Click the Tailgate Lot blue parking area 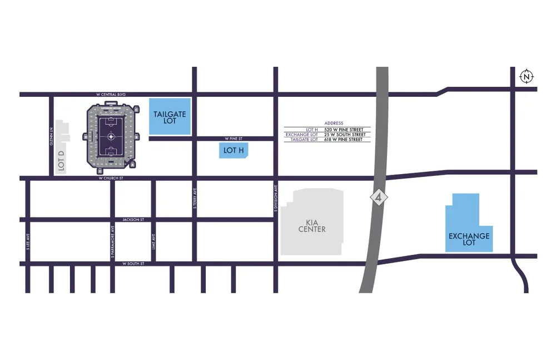[170, 117]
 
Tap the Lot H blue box [234, 150]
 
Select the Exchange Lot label [469, 239]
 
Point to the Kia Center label [312, 225]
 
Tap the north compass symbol [526, 76]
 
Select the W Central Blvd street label [111, 95]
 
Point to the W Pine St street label [235, 138]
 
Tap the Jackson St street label [133, 220]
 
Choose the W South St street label [133, 263]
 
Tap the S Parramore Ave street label [112, 241]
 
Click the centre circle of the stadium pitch [112, 136]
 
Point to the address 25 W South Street [344, 134]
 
